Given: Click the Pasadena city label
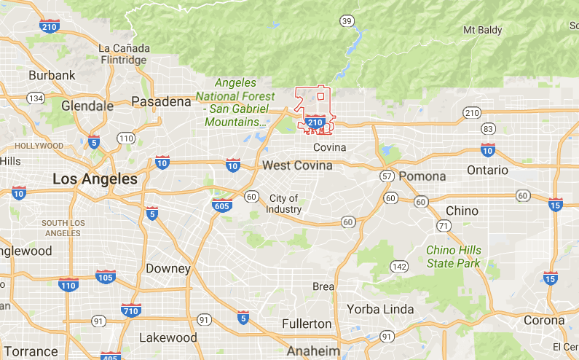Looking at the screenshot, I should (161, 101).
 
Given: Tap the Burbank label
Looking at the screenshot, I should (52, 75).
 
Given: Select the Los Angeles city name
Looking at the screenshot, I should (95, 179).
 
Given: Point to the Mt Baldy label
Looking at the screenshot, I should (485, 31).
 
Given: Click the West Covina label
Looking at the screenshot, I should (297, 165).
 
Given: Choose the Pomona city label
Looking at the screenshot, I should (422, 176).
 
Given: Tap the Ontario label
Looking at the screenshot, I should (487, 170).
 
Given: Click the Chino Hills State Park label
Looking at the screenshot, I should (454, 257).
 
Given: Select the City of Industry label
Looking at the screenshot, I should (283, 204).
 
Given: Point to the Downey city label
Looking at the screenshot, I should (168, 268).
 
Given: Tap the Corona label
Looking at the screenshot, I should (543, 320).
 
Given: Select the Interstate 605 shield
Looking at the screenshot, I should (222, 205).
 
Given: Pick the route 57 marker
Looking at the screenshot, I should (387, 176).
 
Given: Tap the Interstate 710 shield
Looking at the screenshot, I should (131, 310).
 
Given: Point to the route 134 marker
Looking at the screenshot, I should (36, 98).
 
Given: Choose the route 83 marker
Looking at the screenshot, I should (488, 129).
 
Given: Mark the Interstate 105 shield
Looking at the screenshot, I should (105, 276).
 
